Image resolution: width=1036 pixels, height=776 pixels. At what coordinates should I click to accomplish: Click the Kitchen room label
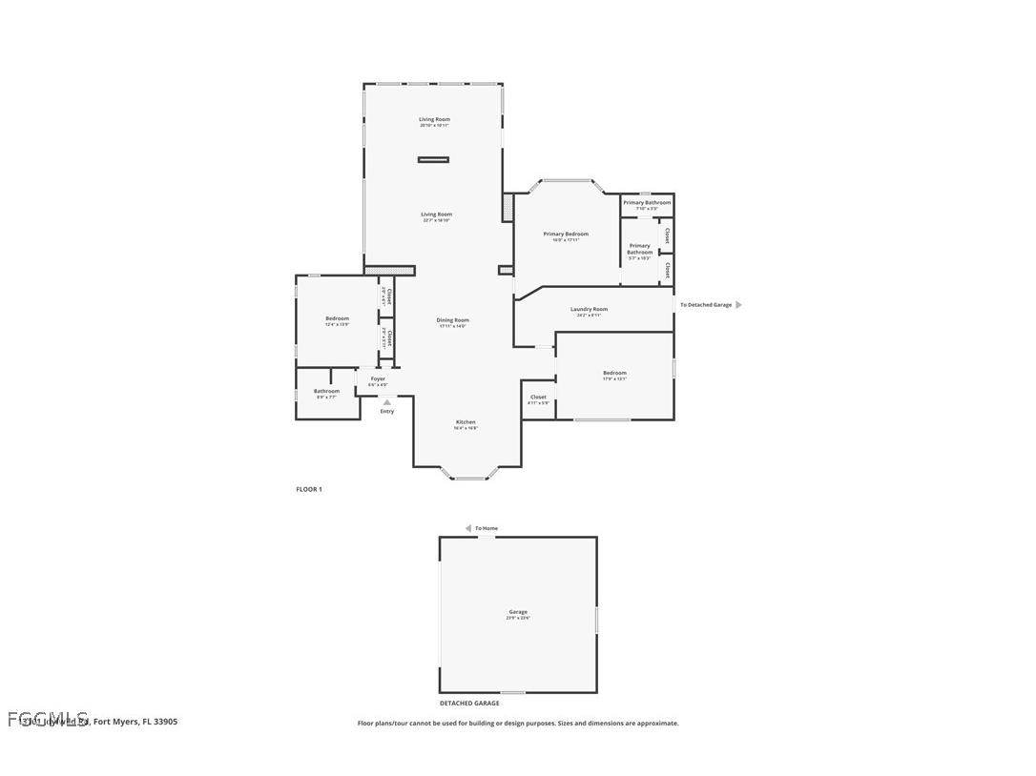[466, 422]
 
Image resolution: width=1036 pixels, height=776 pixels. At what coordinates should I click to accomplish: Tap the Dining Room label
[453, 320]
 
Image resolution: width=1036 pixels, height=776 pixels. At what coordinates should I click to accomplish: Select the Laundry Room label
[589, 309]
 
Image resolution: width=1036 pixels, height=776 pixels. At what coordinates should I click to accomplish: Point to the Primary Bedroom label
[566, 234]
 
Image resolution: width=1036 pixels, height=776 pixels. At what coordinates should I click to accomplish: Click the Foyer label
[378, 378]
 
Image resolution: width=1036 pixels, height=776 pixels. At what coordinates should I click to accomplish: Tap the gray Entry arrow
[386, 402]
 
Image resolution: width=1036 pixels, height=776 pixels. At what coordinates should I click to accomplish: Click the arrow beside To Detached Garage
[738, 305]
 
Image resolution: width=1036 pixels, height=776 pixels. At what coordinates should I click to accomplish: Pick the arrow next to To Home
[468, 528]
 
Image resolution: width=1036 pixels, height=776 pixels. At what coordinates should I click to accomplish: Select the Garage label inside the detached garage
[518, 612]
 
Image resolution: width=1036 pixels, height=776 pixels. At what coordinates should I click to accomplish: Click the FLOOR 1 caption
[309, 489]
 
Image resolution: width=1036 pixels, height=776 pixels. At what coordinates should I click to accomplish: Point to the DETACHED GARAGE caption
[469, 704]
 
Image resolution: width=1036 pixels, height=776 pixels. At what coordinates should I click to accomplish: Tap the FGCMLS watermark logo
[48, 718]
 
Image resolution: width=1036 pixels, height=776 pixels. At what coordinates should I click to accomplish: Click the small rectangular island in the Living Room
[433, 159]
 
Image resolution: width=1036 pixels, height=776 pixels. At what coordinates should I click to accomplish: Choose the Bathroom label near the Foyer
[326, 391]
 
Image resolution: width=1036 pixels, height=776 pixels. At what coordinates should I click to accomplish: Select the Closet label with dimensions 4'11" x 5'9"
[538, 397]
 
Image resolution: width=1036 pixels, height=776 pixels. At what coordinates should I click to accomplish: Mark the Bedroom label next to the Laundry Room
[614, 373]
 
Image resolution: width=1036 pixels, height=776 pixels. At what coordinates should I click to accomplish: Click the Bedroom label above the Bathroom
[337, 318]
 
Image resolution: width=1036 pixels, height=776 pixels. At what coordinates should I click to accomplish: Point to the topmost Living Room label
[434, 119]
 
